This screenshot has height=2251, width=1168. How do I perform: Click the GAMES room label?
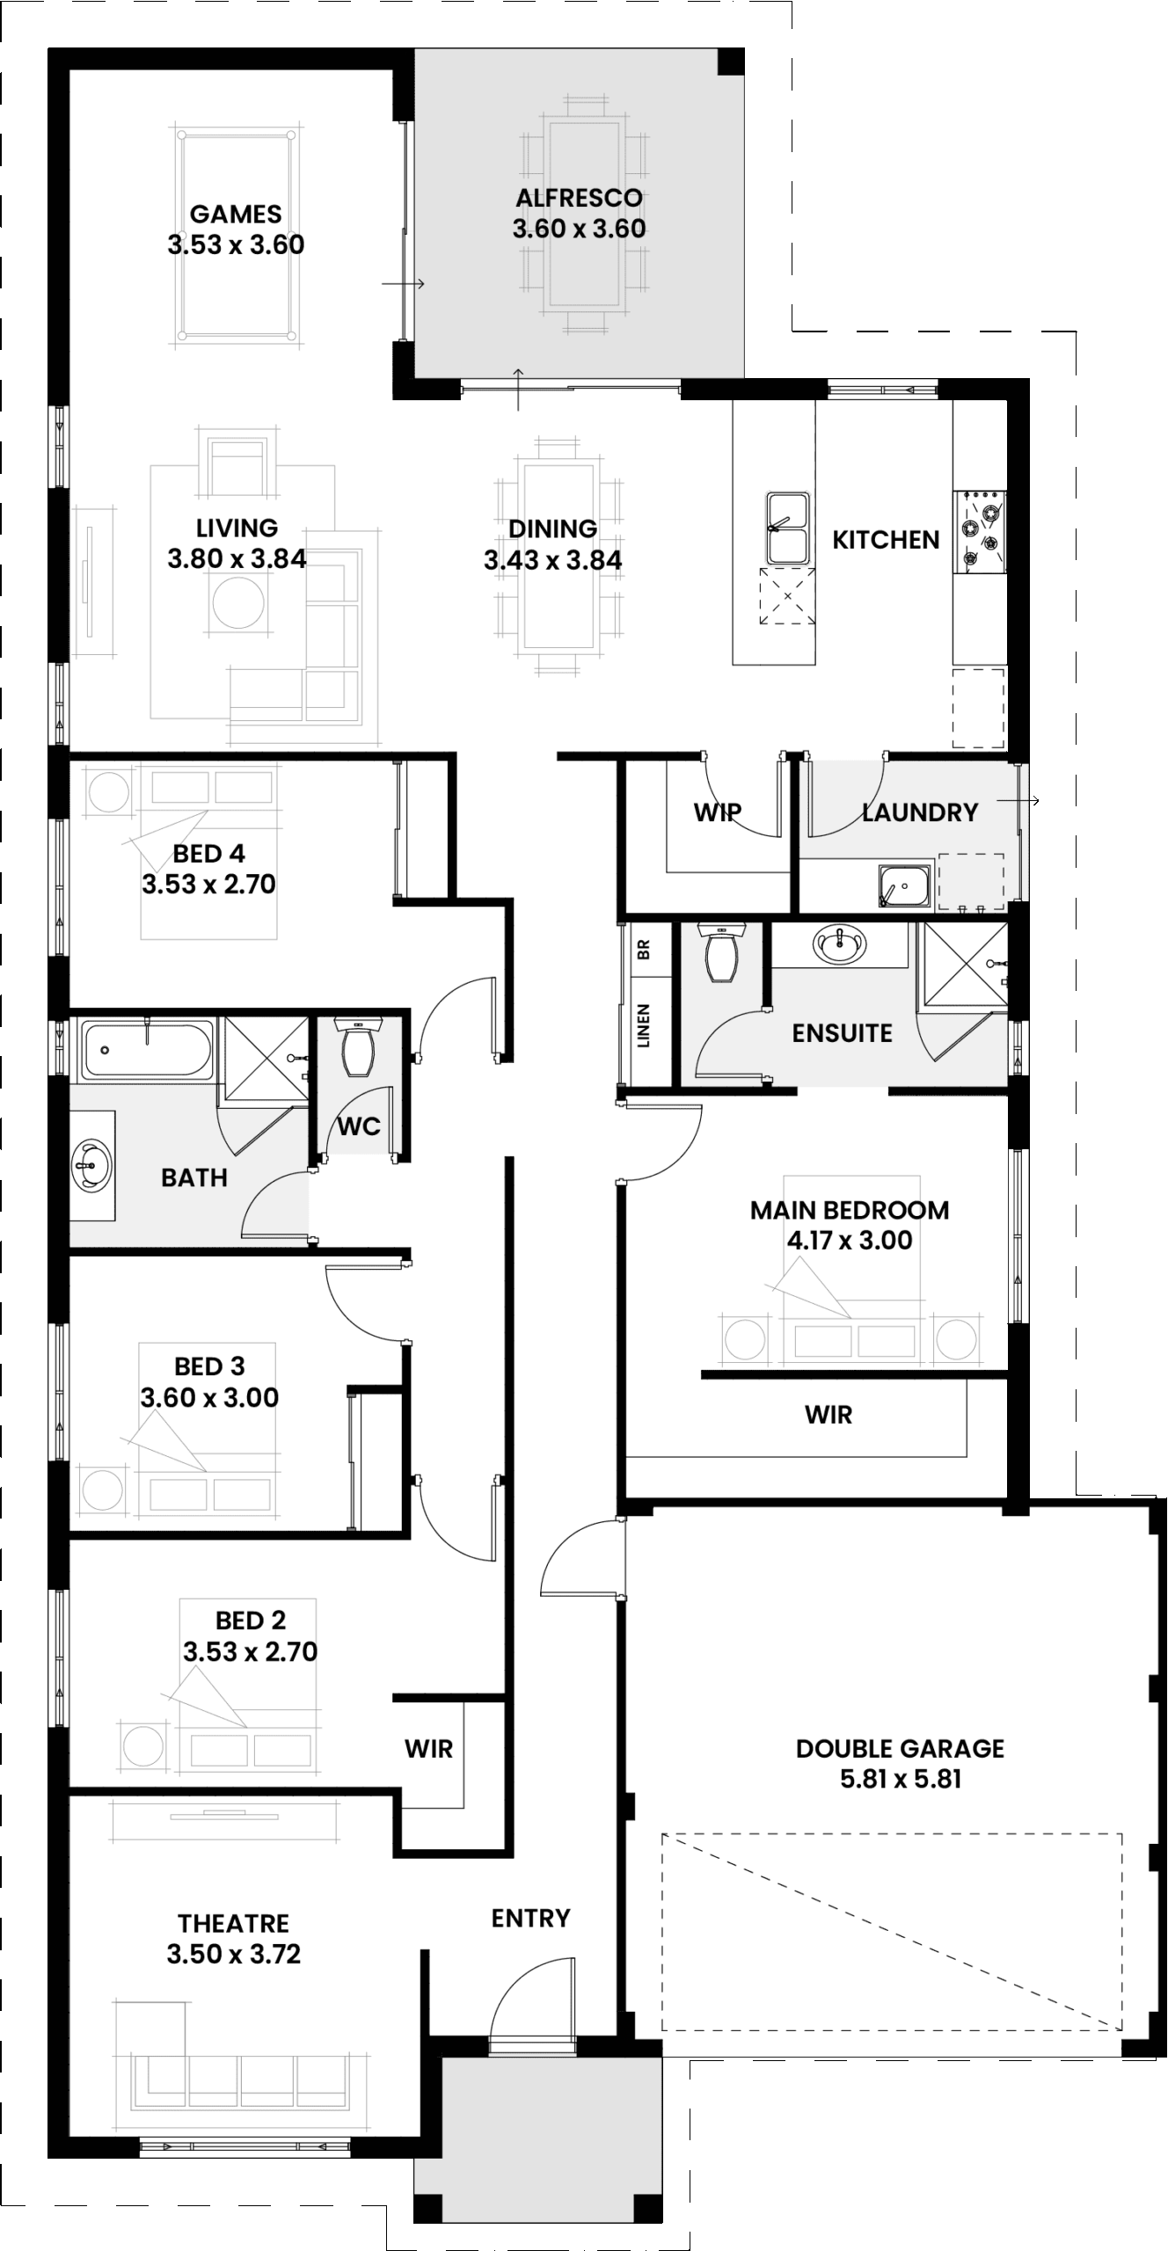coord(236,214)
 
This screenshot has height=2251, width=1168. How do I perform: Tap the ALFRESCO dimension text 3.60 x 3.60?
coord(579,229)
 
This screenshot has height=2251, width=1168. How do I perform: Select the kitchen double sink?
coord(787,528)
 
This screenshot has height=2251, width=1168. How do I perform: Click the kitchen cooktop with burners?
coord(980,530)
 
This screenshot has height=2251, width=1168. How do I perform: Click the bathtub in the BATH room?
coord(147,1050)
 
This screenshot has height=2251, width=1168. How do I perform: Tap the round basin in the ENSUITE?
coord(841,945)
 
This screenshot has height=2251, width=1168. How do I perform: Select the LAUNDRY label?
coord(919,812)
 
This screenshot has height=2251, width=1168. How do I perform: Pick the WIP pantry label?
coord(717,812)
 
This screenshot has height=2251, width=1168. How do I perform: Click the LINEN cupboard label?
coord(643,1025)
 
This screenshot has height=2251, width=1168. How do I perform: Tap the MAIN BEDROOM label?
coord(849,1210)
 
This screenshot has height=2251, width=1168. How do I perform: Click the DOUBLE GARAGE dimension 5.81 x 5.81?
coord(900,1779)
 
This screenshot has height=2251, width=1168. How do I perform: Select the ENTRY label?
coord(530,1918)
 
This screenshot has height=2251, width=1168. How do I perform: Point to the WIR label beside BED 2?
coord(428,1749)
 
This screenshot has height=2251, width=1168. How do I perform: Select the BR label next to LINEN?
coord(643,950)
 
